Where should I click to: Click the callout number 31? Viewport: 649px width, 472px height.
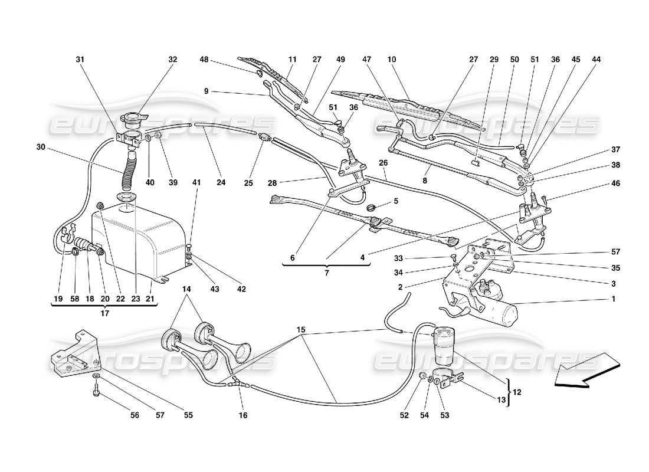tap(80, 60)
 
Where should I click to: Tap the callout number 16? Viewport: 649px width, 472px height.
tap(242, 415)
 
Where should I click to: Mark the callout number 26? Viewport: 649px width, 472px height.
tap(383, 163)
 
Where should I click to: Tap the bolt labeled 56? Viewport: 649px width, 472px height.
tap(96, 389)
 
